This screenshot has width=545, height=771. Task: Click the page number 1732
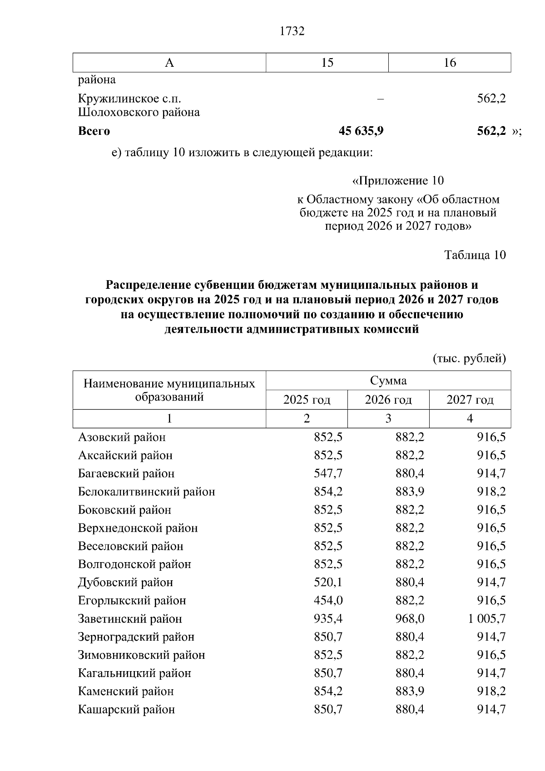tap(292, 31)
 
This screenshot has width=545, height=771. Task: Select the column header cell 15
tap(327, 63)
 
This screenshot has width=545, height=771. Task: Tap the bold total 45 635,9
tap(361, 131)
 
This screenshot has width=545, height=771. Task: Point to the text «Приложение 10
tap(398, 181)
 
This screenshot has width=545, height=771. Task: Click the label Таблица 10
tap(475, 255)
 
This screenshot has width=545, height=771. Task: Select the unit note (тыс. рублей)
tap(469, 359)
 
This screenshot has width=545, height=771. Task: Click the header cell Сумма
tap(388, 381)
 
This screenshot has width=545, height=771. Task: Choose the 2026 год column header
tap(388, 400)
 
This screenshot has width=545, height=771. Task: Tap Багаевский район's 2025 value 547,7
tap(328, 474)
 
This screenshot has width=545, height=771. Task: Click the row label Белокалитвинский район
tap(146, 492)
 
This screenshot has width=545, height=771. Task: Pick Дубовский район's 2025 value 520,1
tap(328, 583)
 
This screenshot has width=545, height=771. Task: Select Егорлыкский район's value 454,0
tap(328, 601)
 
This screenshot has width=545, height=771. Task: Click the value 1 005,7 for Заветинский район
tap(487, 619)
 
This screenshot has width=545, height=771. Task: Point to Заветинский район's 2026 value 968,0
tap(410, 619)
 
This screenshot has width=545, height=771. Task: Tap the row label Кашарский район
tap(126, 710)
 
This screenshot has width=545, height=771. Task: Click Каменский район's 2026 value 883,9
tap(410, 692)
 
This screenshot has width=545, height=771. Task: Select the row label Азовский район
tap(122, 437)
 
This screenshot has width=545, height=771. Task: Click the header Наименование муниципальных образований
tap(169, 390)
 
